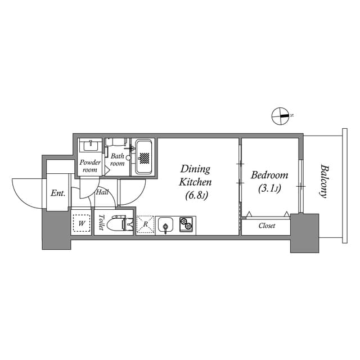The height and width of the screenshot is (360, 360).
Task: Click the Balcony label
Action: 323,181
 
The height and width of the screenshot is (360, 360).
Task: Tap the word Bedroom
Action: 269,175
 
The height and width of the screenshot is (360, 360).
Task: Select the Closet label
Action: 267,226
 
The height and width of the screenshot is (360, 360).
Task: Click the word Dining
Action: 195,169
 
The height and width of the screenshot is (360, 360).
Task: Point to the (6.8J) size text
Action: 196,195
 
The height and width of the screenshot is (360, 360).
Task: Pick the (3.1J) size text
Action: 269,189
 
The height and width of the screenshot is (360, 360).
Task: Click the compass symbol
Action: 280,116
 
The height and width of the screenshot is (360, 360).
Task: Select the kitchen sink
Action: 166,225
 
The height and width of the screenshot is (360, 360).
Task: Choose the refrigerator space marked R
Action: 145,224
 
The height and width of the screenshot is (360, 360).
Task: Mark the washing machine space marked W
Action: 82,223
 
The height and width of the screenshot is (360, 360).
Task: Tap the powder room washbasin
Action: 90,147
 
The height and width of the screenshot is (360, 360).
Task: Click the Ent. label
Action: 57,193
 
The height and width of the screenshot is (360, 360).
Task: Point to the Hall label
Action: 102,192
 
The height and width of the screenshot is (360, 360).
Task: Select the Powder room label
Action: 90,166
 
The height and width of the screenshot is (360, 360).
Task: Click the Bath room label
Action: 117,160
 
